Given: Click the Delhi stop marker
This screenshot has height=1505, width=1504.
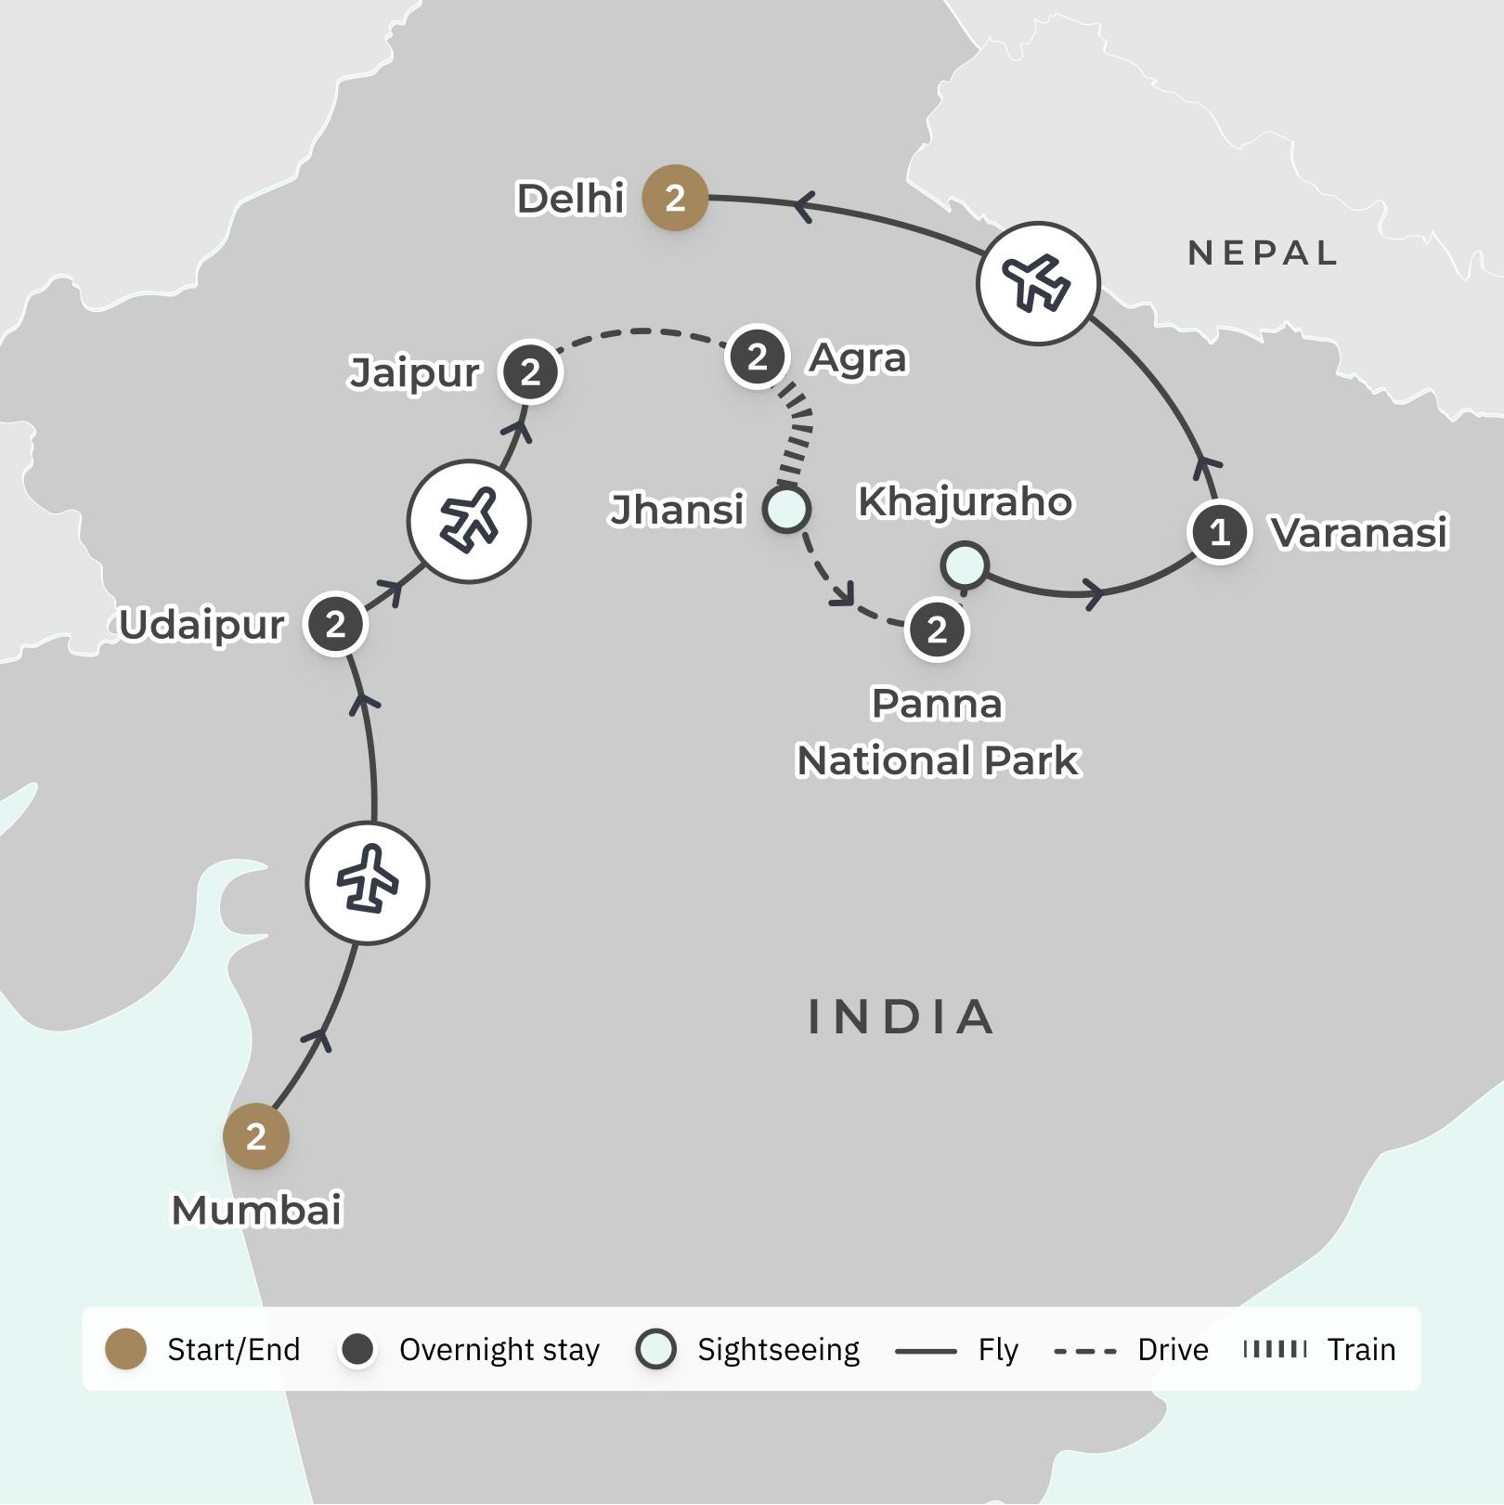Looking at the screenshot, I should [x=675, y=198].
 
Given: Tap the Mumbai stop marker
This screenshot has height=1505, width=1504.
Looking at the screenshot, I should [x=256, y=1136].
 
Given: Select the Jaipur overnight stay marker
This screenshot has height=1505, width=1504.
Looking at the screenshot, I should [x=530, y=372].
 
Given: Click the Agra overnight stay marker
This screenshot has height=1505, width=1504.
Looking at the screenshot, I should [x=758, y=357].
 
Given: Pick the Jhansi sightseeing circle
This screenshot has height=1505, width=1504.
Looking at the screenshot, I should [x=786, y=509].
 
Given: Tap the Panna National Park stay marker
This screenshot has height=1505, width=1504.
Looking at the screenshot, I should [x=937, y=630].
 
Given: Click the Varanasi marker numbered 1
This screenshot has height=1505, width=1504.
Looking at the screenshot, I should [x=1220, y=532].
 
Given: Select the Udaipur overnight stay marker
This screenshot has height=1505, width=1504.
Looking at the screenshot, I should [x=336, y=624].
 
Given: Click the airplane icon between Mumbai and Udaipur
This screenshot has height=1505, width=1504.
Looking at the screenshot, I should [x=368, y=883].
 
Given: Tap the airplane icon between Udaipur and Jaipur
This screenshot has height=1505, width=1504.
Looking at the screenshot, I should [x=469, y=521].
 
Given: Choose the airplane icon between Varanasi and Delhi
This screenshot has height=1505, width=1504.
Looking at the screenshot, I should [x=1038, y=283].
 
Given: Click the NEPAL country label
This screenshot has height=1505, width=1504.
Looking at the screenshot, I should [x=1263, y=253].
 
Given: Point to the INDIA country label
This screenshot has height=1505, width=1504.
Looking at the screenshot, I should [x=901, y=1017].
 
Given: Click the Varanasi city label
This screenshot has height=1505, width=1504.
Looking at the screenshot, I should [x=1359, y=533].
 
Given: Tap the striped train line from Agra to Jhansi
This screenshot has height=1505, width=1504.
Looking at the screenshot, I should [x=797, y=431].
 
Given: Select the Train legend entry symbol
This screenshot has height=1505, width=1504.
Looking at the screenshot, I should [x=1275, y=1349].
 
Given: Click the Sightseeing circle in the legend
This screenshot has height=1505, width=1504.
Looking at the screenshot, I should [x=656, y=1349].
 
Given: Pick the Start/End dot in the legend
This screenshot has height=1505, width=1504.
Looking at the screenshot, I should [x=126, y=1349].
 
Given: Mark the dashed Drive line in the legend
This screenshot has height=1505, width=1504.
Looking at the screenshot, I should [x=1085, y=1350].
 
